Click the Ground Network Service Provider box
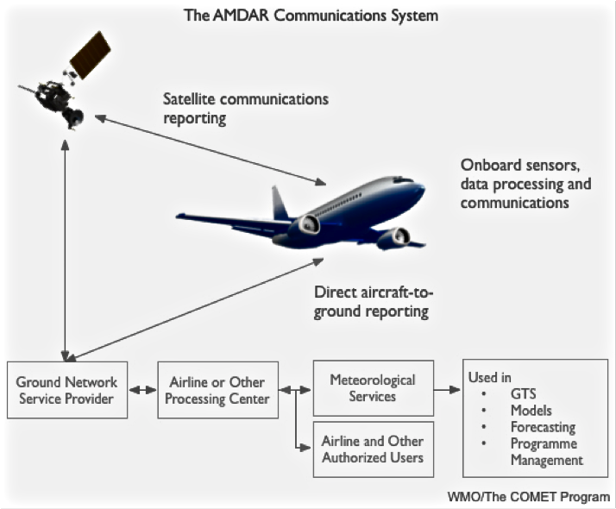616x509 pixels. [x=67, y=390]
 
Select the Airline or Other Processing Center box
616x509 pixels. [x=217, y=390]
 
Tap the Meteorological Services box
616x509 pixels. [x=374, y=388]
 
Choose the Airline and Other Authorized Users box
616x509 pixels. [x=374, y=449]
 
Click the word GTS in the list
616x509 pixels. [x=524, y=393]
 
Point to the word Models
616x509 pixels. [x=531, y=411]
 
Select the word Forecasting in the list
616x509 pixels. [x=543, y=427]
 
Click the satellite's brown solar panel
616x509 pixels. [x=91, y=55]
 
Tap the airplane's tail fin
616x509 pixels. [x=280, y=204]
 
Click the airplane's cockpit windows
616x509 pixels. [x=404, y=180]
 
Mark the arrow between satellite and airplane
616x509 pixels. [x=211, y=149]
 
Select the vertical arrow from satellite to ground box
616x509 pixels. [x=66, y=250]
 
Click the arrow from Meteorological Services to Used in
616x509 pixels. [x=447, y=390]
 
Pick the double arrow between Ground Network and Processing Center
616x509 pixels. [x=142, y=390]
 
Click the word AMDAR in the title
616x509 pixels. [x=241, y=16]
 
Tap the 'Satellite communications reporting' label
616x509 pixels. [x=246, y=109]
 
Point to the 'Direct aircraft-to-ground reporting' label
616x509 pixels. [x=374, y=302]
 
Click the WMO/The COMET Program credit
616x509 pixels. [x=529, y=497]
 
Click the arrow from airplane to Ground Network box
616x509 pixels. [x=195, y=309]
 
